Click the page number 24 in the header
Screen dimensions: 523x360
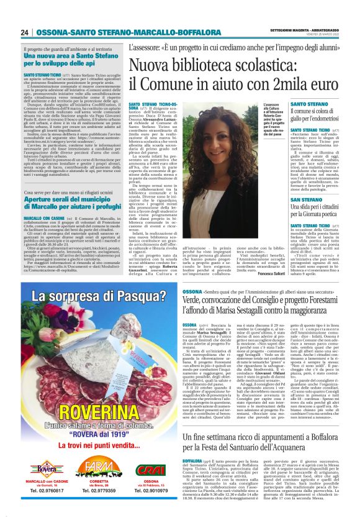(25, 33)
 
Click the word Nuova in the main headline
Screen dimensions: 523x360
(148, 65)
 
